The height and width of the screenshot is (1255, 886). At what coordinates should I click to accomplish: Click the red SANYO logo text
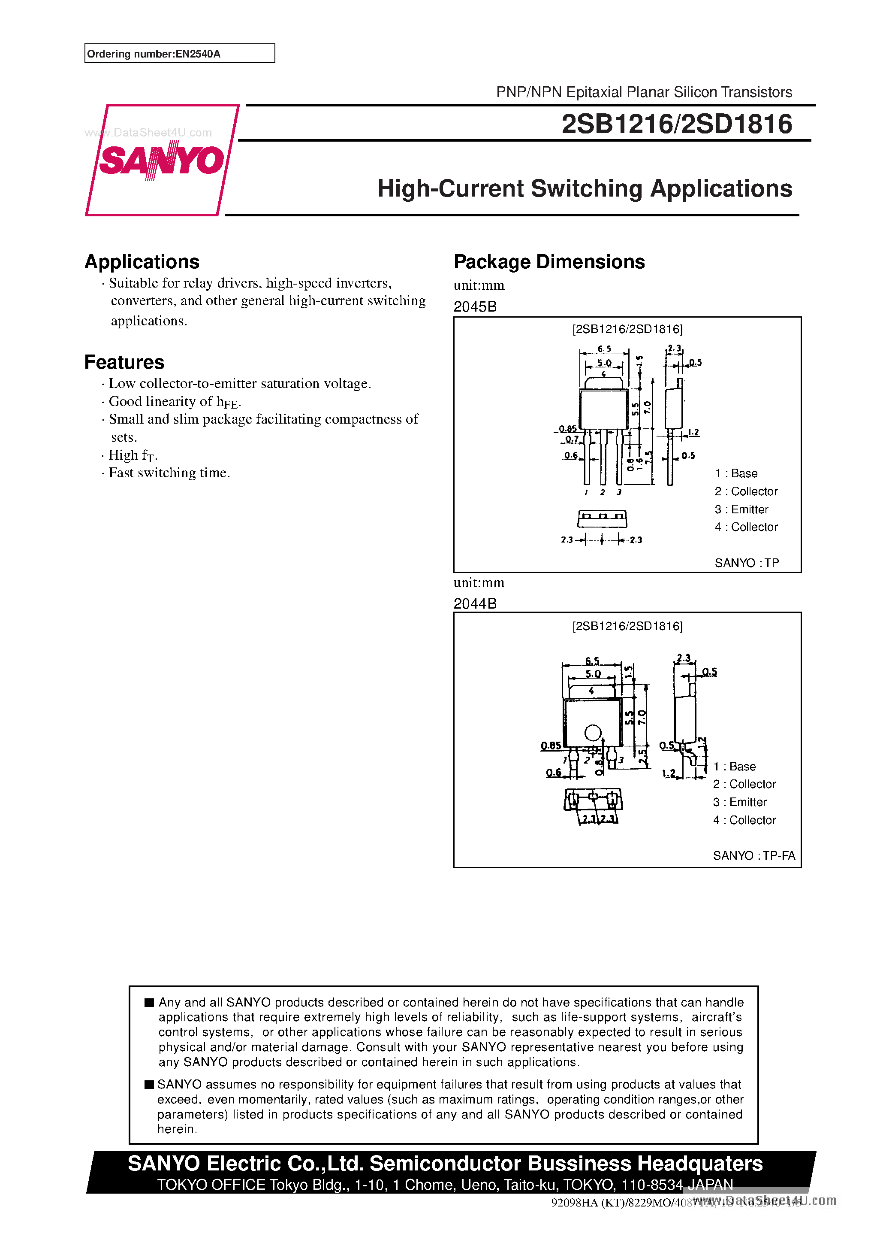162,160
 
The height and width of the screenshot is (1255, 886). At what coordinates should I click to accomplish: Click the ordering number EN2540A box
179,54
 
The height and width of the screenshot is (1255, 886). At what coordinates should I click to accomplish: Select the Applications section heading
142,262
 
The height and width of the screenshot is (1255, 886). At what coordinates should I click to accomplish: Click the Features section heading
124,362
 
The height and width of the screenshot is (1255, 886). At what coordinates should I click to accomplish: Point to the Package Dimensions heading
549,262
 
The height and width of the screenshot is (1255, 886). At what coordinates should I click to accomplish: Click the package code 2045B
475,306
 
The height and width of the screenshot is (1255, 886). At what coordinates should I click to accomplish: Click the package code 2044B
475,603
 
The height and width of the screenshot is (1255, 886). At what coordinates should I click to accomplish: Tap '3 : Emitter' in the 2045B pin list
741,509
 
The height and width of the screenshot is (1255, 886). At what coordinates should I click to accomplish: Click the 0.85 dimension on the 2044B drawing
551,746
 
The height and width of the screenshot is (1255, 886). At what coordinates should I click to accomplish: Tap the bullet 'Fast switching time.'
169,473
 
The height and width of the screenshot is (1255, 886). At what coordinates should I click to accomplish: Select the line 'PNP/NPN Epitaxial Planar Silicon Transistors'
643,92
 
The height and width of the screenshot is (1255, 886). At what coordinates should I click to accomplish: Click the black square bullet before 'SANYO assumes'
149,1085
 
